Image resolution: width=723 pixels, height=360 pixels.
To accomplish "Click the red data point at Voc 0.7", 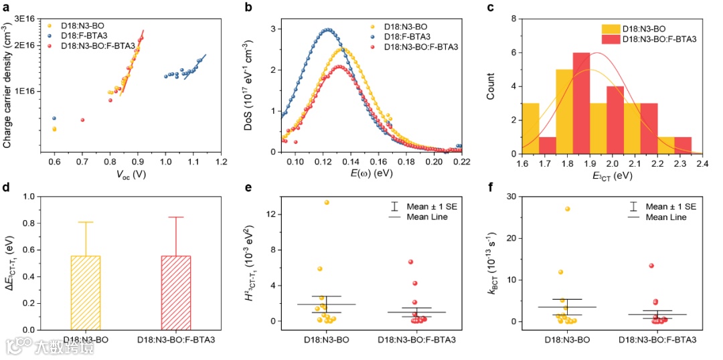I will [x=82, y=120].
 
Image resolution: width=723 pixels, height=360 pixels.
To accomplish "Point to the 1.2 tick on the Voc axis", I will [x=221, y=162].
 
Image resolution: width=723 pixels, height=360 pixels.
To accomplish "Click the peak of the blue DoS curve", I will [x=327, y=29].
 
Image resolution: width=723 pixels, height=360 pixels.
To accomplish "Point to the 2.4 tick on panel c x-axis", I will [x=702, y=162].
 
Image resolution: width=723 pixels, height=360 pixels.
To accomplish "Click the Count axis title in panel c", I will [x=491, y=86].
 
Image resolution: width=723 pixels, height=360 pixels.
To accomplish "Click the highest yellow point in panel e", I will [x=327, y=202].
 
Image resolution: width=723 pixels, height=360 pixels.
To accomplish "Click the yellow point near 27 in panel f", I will [x=568, y=209].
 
